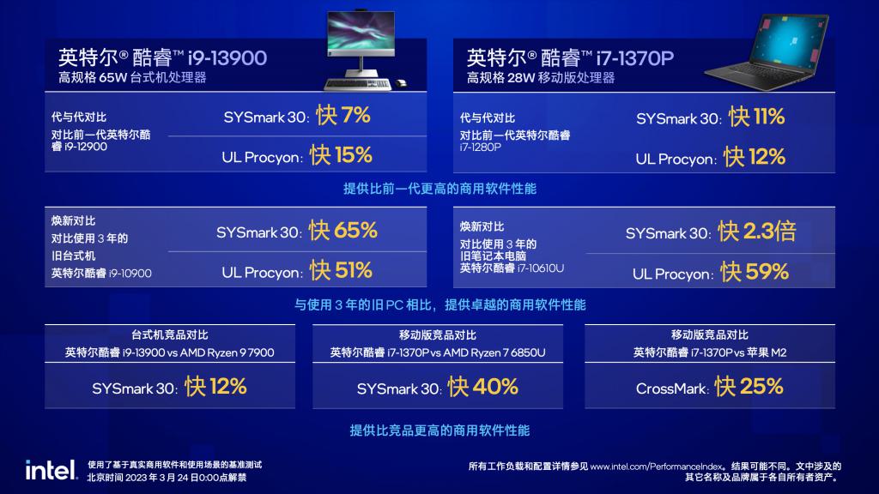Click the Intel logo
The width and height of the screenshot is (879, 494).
click(x=51, y=470)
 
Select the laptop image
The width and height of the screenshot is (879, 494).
click(x=767, y=52)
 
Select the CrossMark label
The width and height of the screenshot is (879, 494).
click(x=671, y=389)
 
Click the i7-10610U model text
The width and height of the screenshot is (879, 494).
click(x=541, y=268)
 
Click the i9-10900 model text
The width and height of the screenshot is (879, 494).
click(x=130, y=274)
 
